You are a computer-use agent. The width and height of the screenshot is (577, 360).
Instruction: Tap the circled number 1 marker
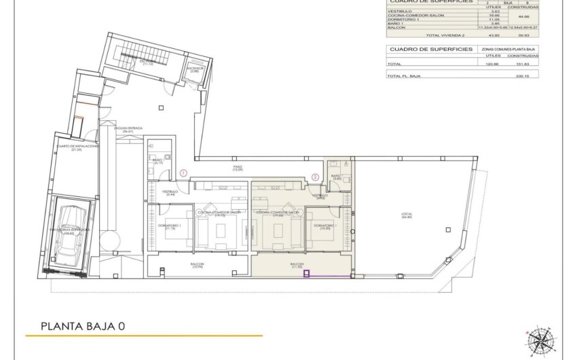pos(183,174)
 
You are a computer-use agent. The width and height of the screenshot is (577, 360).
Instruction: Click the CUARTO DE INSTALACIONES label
pos(77,147)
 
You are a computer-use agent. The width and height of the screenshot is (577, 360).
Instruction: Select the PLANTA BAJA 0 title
pos(83,326)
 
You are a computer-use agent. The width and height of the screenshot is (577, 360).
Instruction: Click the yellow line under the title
pos(144,336)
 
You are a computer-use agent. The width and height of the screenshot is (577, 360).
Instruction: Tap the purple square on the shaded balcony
pos(306,274)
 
